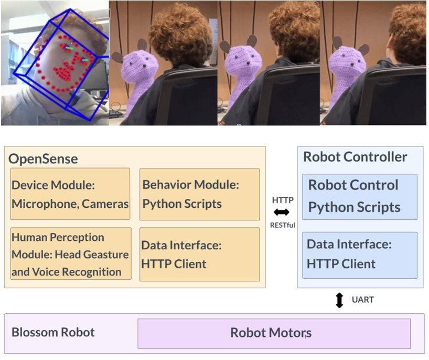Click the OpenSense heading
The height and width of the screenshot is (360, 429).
coord(43,158)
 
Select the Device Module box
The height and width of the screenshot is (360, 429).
coord(70,194)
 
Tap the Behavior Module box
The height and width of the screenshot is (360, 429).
coord(199,194)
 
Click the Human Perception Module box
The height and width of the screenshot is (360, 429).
coord(70,254)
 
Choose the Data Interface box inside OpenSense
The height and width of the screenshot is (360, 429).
coord(199,254)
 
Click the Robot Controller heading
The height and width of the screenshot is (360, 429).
coord(355,157)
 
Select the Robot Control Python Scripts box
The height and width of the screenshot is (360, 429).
coord(360,196)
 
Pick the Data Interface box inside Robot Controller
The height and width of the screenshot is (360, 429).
coord(360,255)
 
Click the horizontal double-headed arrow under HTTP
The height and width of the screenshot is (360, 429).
coord(282,213)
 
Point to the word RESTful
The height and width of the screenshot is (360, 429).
coord(283,226)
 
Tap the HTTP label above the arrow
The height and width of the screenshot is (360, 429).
coord(283,200)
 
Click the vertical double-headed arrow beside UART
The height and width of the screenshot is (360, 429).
coord(339,300)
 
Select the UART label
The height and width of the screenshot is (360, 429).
coord(363,300)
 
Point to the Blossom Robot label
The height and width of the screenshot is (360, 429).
coord(53,333)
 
